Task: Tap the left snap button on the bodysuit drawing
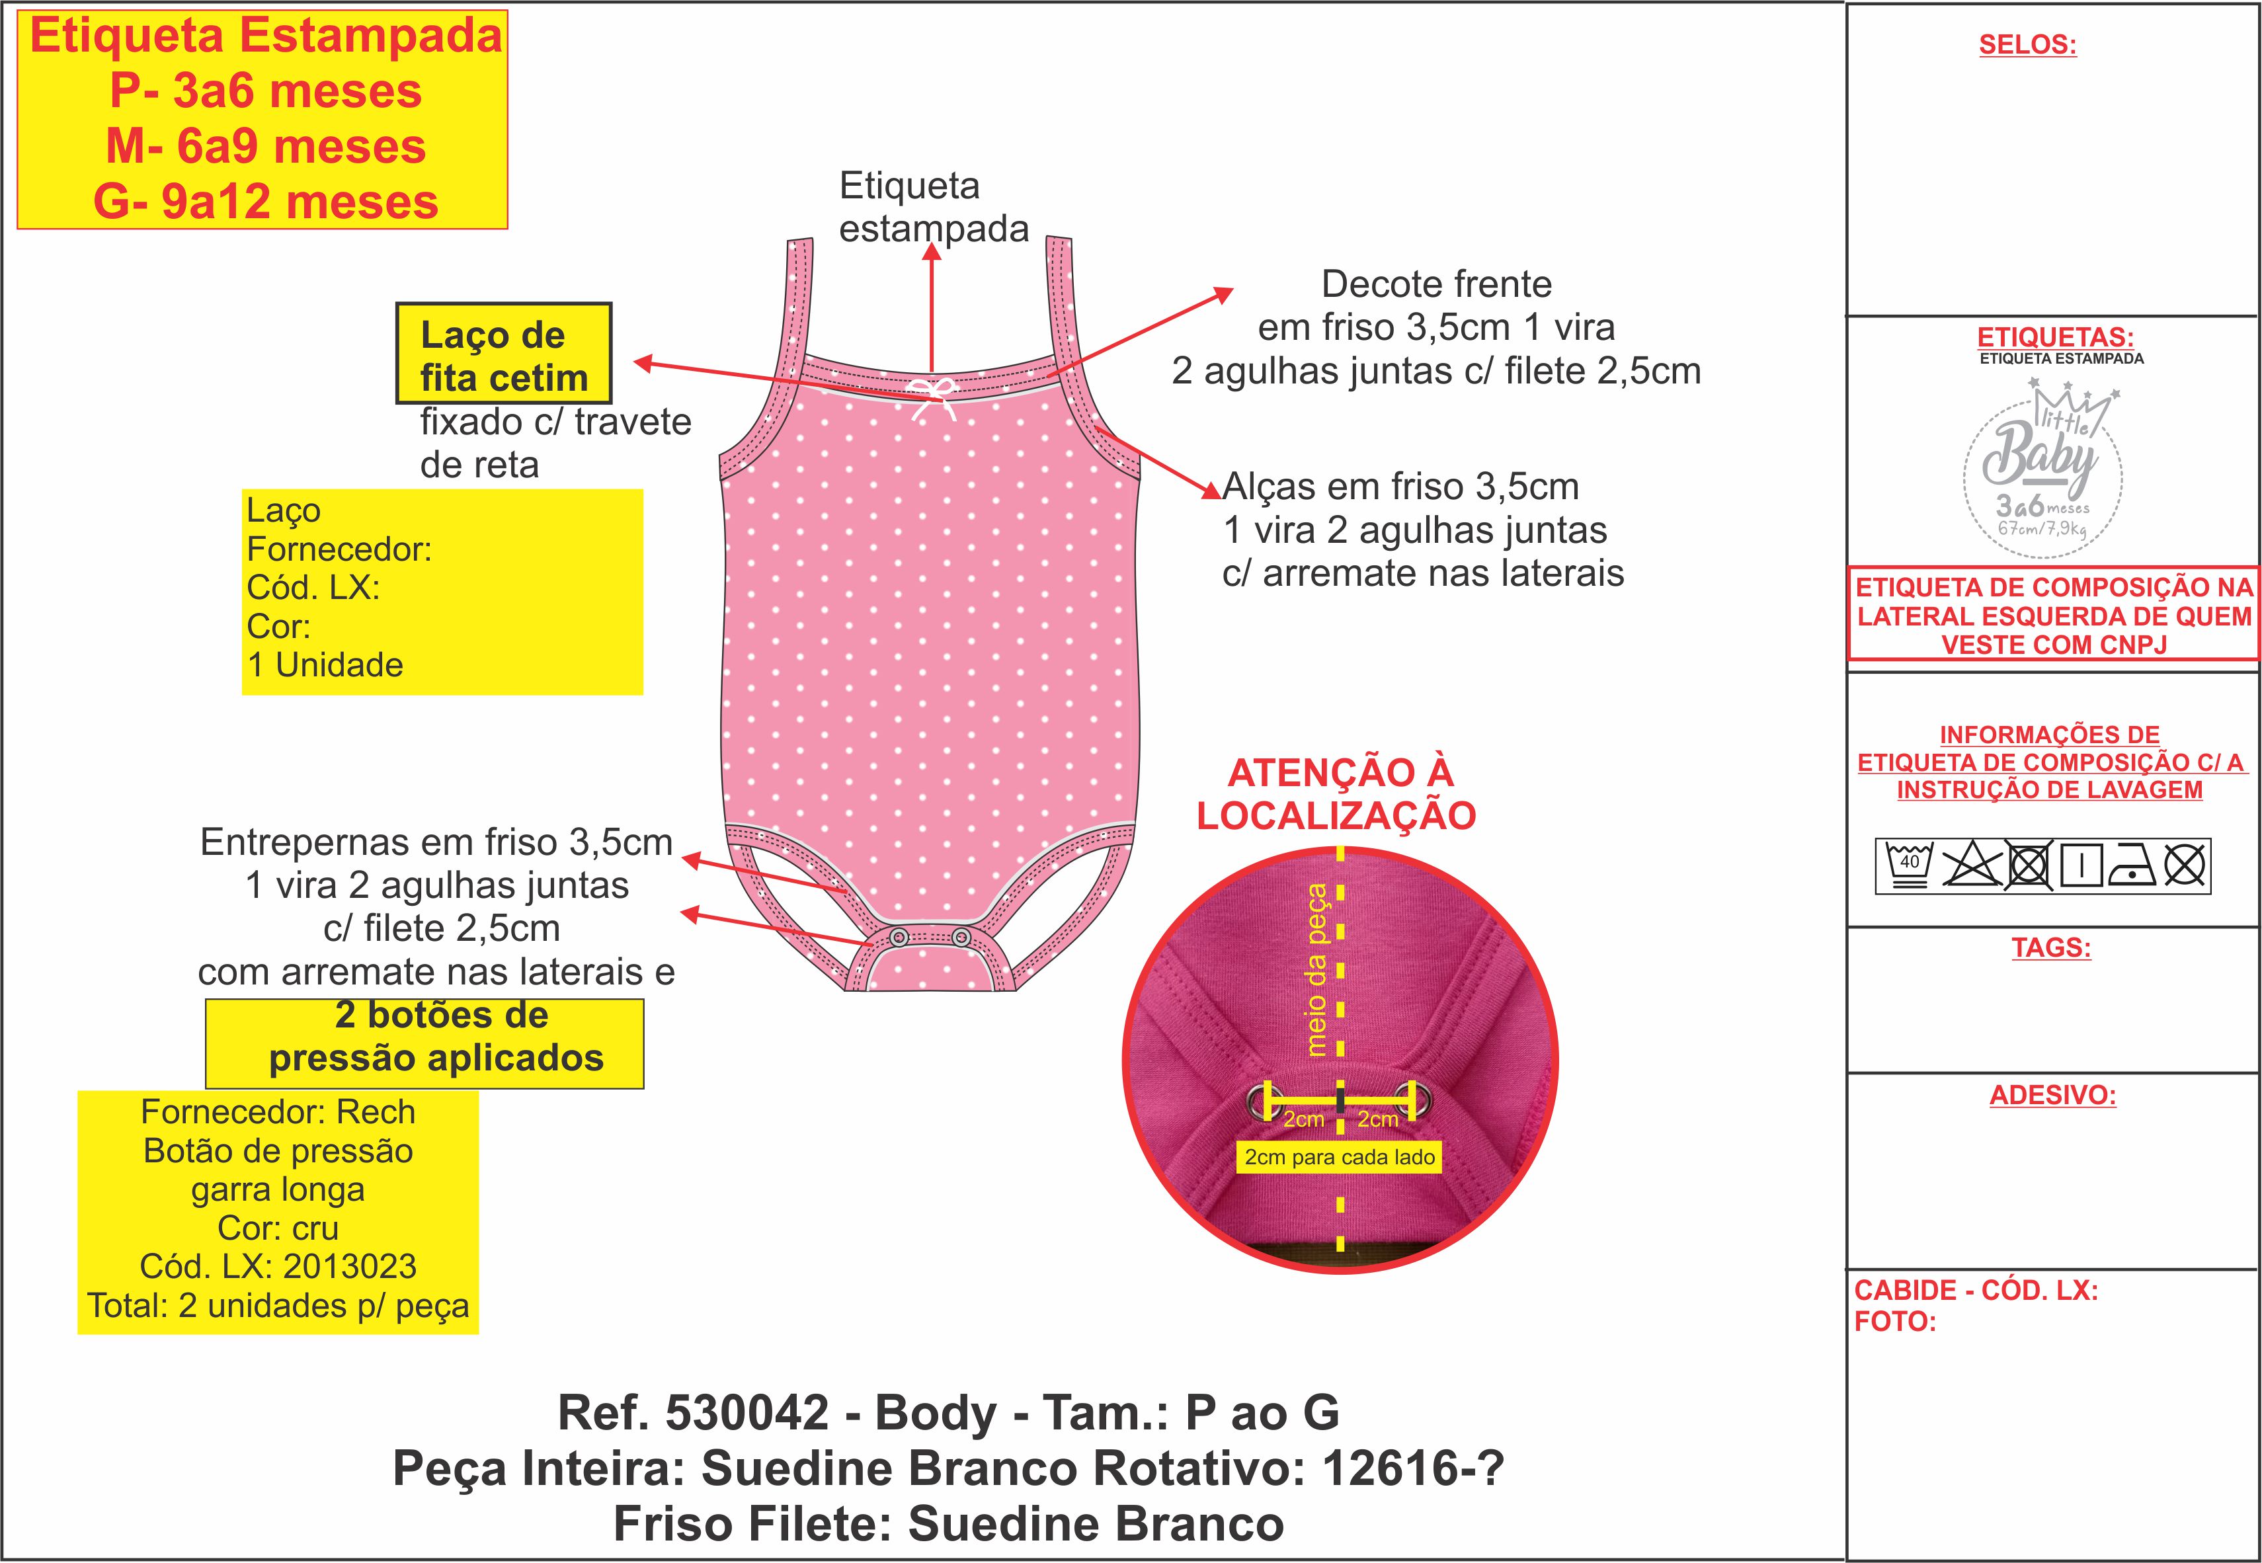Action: (x=899, y=938)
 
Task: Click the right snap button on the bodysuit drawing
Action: (x=961, y=938)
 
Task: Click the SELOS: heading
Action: (x=2027, y=45)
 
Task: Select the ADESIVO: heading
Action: (x=2052, y=1094)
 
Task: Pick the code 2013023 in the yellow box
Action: (x=350, y=1266)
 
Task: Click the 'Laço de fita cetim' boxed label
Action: (x=503, y=354)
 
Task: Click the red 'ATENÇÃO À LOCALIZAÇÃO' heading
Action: (x=1337, y=793)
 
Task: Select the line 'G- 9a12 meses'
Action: (x=265, y=202)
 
